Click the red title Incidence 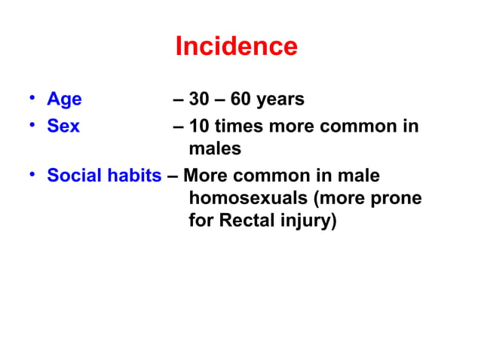[236, 47]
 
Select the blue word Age [64, 100]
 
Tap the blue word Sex [63, 126]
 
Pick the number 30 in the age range [201, 100]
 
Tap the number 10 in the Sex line [200, 126]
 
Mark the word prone [397, 200]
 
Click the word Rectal [248, 223]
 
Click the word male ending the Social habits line [359, 176]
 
